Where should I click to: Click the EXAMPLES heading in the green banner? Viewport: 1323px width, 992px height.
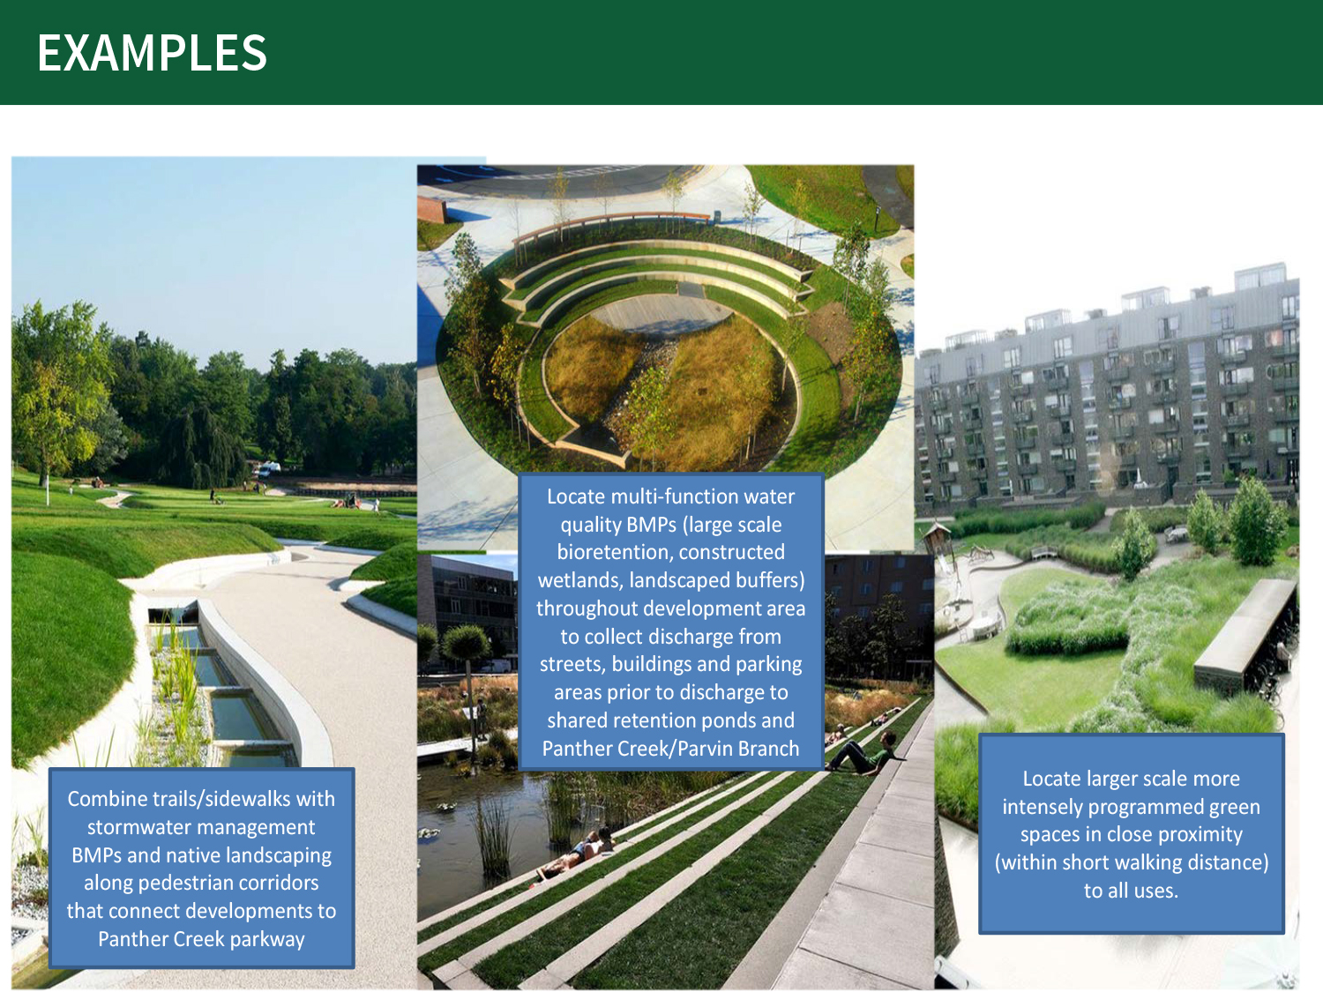(152, 52)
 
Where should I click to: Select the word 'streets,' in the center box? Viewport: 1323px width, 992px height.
(572, 664)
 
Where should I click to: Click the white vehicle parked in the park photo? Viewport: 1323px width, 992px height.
(269, 468)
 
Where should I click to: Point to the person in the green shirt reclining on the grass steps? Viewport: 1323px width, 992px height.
(861, 753)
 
